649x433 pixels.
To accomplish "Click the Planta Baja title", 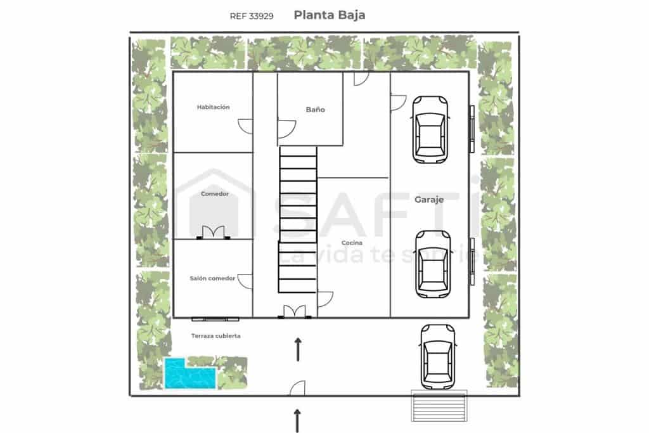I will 329,15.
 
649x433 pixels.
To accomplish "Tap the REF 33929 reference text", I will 252,16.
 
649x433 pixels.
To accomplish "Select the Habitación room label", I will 213,107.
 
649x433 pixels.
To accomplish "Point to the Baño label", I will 315,110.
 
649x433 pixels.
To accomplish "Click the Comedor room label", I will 214,194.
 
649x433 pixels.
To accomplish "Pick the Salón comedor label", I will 212,278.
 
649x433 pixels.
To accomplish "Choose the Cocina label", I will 352,243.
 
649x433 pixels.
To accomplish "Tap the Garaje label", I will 428,199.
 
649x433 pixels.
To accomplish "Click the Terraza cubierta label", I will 215,336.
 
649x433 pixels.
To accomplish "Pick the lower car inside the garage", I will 432,263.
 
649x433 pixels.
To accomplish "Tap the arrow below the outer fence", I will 297,420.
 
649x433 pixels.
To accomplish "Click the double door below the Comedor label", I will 213,233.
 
